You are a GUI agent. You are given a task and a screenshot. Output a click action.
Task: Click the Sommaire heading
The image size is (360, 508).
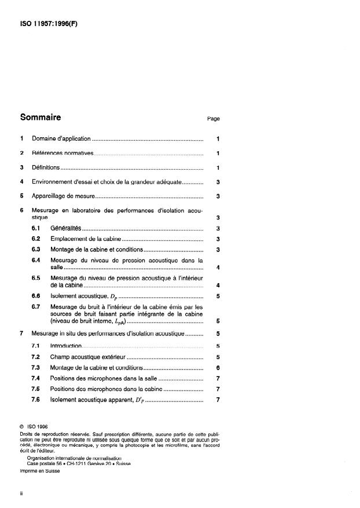pos(41,117)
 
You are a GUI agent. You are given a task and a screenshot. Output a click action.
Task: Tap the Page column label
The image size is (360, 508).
pos(213,119)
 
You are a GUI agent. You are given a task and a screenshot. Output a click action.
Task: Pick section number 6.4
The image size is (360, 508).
pos(36,260)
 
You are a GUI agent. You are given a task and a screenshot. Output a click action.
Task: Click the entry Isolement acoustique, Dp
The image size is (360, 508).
pos(83,296)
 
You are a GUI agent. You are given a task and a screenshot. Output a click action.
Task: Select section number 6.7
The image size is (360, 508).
pos(36,306)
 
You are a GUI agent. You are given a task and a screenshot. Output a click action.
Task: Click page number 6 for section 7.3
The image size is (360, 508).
pos(217,368)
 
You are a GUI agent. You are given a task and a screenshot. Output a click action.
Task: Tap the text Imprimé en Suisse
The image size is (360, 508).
pos(39,471)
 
